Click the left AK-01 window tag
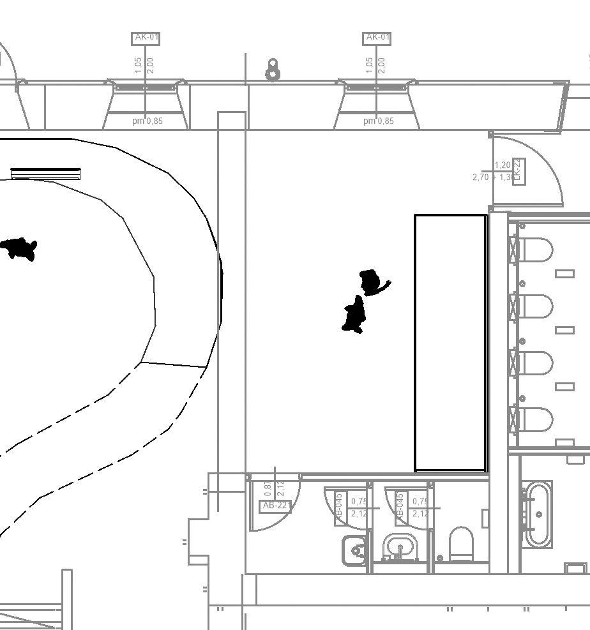pos(146,38)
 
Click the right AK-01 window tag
pos(377,38)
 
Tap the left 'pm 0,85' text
pos(147,121)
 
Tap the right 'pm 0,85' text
pos(379,121)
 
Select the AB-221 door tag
pos(276,506)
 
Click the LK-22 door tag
pos(518,170)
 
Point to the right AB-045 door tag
pos(400,508)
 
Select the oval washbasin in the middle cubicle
pos(400,548)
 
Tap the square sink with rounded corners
pos(355,550)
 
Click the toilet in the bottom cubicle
pos(461,544)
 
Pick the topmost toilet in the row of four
pos(536,250)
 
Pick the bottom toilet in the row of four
pos(536,420)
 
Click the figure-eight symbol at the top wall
pos(273,70)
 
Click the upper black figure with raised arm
pos(372,282)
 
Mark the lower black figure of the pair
pos(354,315)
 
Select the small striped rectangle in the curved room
pos(45,173)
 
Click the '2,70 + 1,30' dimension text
pos(493,177)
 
